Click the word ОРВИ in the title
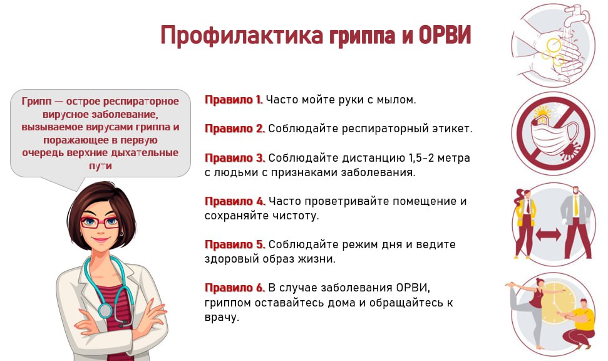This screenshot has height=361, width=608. pyautogui.click(x=445, y=35)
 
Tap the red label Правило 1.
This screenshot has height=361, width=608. pyautogui.click(x=234, y=100)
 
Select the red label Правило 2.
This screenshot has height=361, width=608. pyautogui.click(x=235, y=128)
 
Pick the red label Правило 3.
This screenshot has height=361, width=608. pyautogui.click(x=235, y=158)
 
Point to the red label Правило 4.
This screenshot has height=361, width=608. pyautogui.click(x=235, y=201)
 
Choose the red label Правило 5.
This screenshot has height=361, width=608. pyautogui.click(x=235, y=245)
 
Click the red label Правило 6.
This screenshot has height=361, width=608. pyautogui.click(x=235, y=288)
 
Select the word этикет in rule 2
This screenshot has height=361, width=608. pyautogui.click(x=452, y=128)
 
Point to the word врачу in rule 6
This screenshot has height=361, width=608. pyautogui.click(x=222, y=318)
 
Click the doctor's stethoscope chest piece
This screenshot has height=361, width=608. pyautogui.click(x=105, y=310)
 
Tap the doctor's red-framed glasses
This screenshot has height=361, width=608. pyautogui.click(x=100, y=222)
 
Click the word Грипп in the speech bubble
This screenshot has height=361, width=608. pyautogui.click(x=36, y=102)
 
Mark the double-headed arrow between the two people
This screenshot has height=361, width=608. pyautogui.click(x=549, y=234)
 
